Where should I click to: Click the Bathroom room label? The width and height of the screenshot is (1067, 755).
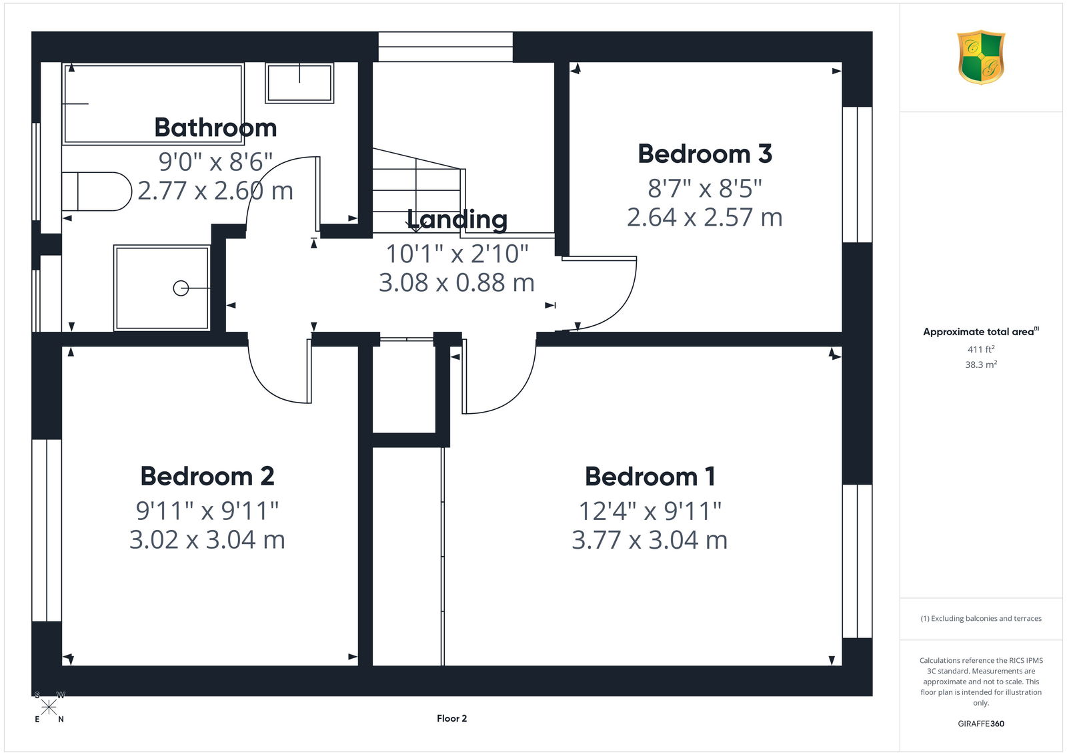click(x=215, y=128)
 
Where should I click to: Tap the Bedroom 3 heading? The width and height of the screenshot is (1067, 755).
click(x=704, y=154)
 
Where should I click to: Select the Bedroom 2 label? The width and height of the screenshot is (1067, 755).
click(x=207, y=476)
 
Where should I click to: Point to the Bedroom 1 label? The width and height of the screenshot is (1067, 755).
click(x=650, y=477)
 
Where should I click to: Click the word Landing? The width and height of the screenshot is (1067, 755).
click(x=457, y=220)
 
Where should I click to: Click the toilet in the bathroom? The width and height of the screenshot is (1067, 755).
click(x=97, y=192)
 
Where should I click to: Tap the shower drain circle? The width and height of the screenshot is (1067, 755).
click(x=181, y=288)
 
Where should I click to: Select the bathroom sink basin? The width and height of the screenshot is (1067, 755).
click(x=299, y=83)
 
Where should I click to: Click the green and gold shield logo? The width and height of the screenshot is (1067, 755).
click(x=981, y=57)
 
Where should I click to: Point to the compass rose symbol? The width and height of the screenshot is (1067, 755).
click(x=49, y=707)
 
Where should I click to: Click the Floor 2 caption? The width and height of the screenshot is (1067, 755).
click(x=451, y=718)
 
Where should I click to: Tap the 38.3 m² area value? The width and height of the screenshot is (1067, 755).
click(x=981, y=364)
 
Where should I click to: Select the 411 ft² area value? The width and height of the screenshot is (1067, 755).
click(x=981, y=349)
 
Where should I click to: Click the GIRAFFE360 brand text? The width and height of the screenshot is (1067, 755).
click(x=981, y=724)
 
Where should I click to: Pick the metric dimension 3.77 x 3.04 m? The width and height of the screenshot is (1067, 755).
click(x=650, y=540)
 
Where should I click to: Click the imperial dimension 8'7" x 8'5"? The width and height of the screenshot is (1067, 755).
click(x=704, y=188)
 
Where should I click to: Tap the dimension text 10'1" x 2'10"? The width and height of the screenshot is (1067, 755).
click(x=457, y=254)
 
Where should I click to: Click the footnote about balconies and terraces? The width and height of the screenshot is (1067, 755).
click(x=981, y=619)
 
